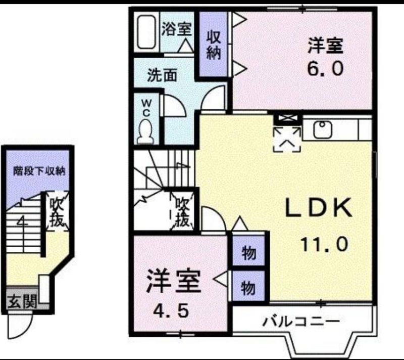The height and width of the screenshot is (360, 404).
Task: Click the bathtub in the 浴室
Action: [146, 32]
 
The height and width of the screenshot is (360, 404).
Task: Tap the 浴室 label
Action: [176, 29]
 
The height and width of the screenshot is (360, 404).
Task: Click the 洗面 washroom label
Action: [162, 75]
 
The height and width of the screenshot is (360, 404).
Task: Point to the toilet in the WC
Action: [145, 132]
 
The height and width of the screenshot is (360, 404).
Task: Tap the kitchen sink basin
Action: [323, 129]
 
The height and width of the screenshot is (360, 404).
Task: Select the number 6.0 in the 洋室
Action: [325, 68]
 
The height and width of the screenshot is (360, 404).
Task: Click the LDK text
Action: [319, 208]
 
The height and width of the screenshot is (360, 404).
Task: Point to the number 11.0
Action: [324, 244]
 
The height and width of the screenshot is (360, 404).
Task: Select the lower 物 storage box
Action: [248, 286]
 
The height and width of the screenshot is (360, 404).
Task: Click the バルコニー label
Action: [301, 322]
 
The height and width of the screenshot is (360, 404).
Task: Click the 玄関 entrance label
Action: [22, 301]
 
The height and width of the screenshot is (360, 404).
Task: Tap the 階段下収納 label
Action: [39, 171]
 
